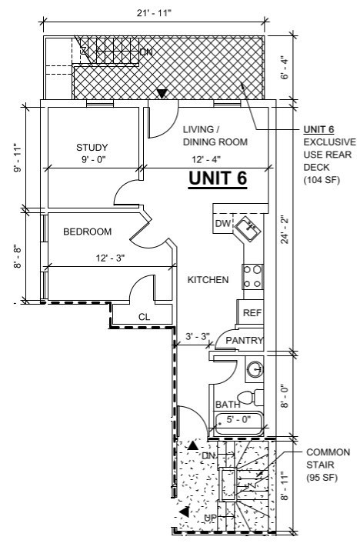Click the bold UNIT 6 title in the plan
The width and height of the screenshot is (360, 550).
[218, 178]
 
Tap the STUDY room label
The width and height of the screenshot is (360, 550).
[92, 148]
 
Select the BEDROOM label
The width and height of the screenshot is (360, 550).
[88, 232]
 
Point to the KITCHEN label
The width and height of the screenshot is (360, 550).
[208, 279]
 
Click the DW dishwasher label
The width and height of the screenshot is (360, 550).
[223, 223]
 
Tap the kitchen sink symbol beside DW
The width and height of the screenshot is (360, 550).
[248, 228]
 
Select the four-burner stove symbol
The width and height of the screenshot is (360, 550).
[252, 276]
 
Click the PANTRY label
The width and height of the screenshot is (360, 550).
[244, 340]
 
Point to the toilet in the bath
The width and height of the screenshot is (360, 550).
[252, 397]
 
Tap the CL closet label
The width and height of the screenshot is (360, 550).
[144, 317]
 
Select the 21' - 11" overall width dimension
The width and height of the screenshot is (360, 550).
[154, 13]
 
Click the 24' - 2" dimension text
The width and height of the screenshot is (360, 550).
[284, 231]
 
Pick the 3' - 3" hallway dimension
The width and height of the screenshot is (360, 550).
[198, 336]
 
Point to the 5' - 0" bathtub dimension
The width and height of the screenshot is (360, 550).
[238, 418]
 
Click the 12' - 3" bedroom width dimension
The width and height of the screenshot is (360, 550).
[111, 258]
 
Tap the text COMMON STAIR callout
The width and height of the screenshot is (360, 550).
[328, 458]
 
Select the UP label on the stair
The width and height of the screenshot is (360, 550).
[210, 518]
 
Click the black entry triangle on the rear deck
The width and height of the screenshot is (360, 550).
[162, 93]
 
